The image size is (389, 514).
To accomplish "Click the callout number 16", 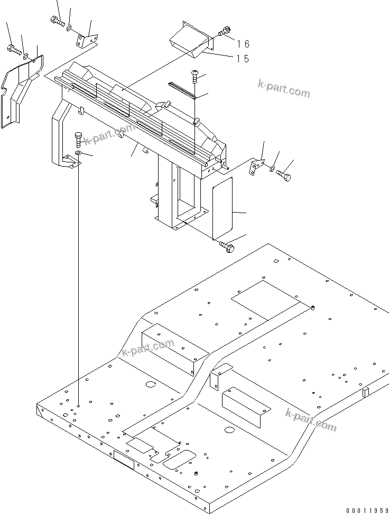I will point(243,44).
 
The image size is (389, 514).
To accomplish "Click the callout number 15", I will point(243,59).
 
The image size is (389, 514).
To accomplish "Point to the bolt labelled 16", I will point(225,32).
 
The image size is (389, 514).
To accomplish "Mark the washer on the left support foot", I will point(78,153).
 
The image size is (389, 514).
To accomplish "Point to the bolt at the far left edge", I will point(13,49).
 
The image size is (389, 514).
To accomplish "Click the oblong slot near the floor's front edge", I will point(179,459).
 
